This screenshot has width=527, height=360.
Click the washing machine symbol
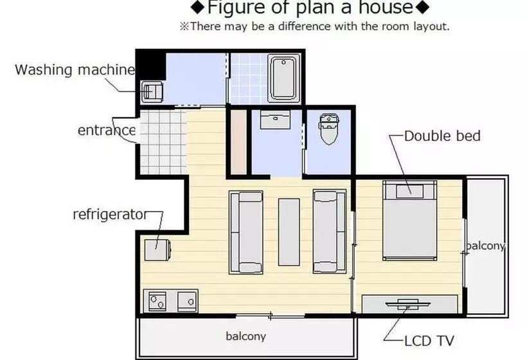pyautogui.click(x=152, y=91)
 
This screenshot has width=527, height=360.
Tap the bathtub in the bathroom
pyautogui.click(x=283, y=78)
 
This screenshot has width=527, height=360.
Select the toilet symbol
pyautogui.click(x=329, y=129)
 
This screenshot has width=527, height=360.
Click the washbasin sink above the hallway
pyautogui.click(x=275, y=120)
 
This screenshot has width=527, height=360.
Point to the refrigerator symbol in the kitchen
pyautogui.click(x=157, y=249)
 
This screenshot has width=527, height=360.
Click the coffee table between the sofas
pyautogui.click(x=289, y=232)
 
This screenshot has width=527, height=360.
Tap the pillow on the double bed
pyautogui.click(x=409, y=192)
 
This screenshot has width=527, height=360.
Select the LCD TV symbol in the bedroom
pyautogui.click(x=407, y=304)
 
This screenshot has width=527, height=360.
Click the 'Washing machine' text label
pyautogui.click(x=75, y=70)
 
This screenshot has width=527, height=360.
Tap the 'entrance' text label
pyautogui.click(x=107, y=130)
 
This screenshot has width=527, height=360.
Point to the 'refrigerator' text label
pyautogui.click(x=111, y=215)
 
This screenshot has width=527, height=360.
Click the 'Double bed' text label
pyautogui.click(x=442, y=136)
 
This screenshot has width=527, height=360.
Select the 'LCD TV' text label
pyautogui.click(x=429, y=341)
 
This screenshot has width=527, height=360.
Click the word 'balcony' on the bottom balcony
pyautogui.click(x=246, y=336)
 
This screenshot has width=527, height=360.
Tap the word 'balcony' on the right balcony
pyautogui.click(x=486, y=246)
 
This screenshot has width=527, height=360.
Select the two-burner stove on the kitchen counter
pyautogui.click(x=157, y=301)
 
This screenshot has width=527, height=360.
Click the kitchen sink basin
pyautogui.click(x=187, y=300)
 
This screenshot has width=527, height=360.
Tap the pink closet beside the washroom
pyautogui.click(x=238, y=142)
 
